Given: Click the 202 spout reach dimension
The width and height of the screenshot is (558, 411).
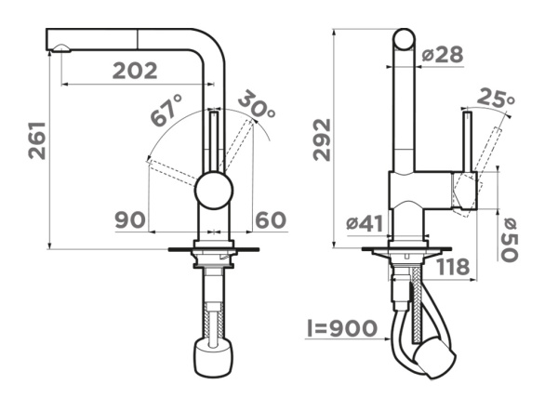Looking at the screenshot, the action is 135,71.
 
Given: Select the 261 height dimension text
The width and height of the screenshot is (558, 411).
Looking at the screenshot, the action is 37,140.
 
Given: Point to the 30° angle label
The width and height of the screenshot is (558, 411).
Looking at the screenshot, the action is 257,104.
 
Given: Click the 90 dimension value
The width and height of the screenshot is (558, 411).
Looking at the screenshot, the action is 130,219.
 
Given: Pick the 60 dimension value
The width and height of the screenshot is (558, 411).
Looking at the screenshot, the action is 271,219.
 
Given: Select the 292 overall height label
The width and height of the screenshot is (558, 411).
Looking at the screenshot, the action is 322,139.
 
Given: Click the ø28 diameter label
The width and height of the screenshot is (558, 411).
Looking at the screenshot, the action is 443,55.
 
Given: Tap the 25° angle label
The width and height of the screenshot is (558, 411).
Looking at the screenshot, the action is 496,98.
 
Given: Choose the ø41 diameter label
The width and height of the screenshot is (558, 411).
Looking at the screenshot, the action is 365,224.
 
